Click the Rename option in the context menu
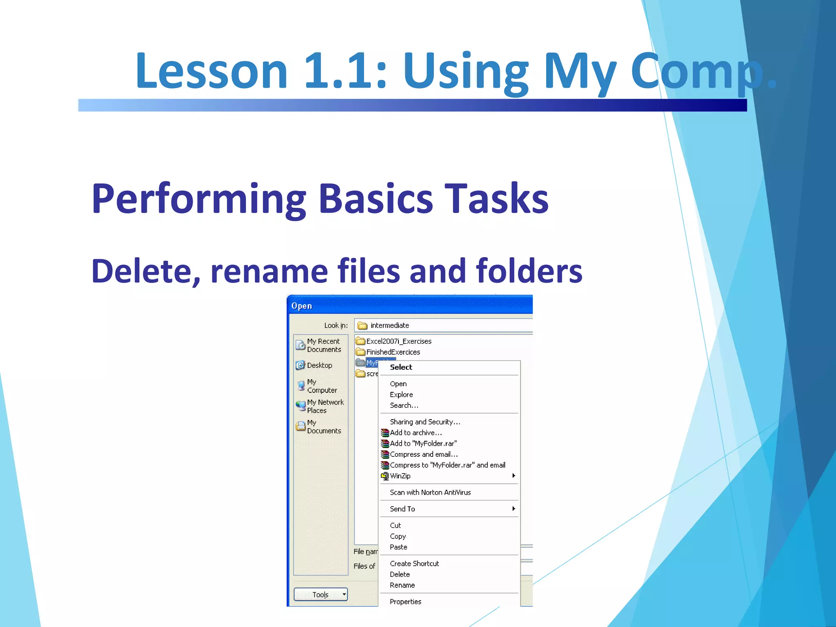(x=402, y=585)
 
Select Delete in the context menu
(x=400, y=574)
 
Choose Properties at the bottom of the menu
(x=405, y=601)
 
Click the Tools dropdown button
(x=320, y=594)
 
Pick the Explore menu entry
(x=401, y=394)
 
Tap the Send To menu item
(x=402, y=509)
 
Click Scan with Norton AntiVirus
(x=430, y=492)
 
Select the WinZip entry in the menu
(x=400, y=476)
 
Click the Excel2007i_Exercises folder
(x=398, y=341)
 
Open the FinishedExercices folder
(x=393, y=352)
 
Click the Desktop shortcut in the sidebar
(x=319, y=365)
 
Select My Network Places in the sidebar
(x=325, y=406)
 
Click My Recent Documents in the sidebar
(x=323, y=345)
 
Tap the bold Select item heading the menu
(x=401, y=367)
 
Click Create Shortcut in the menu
(x=414, y=563)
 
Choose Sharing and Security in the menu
(x=425, y=422)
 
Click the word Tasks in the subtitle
(x=496, y=199)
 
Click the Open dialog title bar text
(x=302, y=306)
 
